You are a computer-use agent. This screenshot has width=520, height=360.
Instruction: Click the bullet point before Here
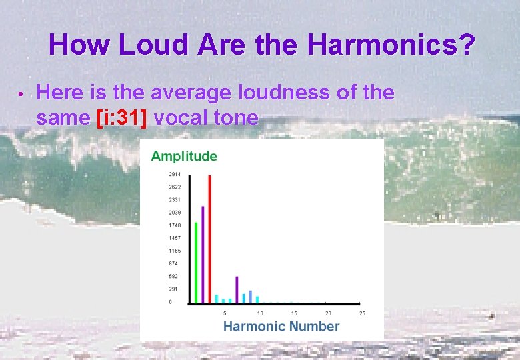click(21, 94)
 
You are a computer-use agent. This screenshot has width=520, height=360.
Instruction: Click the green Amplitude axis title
click(184, 156)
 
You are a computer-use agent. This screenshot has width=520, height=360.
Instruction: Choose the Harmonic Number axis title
click(281, 326)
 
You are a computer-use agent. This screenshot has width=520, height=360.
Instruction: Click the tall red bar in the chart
click(209, 239)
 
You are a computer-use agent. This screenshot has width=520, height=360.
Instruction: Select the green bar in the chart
click(196, 263)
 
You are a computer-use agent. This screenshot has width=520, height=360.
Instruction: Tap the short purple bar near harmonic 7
click(237, 290)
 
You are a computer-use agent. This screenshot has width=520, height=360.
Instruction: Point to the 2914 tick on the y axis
click(174, 174)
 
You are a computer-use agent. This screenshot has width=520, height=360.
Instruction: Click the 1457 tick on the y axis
click(174, 238)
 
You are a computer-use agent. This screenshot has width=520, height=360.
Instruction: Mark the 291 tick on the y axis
click(173, 289)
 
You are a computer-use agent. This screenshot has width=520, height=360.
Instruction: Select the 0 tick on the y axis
click(170, 302)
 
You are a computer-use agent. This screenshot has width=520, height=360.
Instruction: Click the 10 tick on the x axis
click(260, 313)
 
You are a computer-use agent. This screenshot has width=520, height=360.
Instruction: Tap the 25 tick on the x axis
click(362, 313)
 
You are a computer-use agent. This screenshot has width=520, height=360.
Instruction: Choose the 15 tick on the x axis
click(294, 313)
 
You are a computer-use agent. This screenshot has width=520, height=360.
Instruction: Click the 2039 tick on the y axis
click(174, 213)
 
